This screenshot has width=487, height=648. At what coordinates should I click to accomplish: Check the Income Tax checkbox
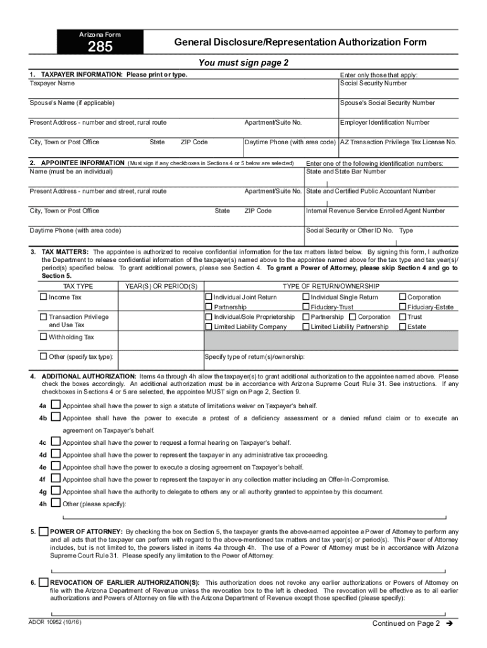point(44,297)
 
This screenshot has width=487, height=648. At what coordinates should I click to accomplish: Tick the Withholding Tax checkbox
point(44,337)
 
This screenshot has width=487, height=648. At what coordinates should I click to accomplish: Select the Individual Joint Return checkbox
point(209,297)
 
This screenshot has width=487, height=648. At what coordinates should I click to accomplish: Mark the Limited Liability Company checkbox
point(209,327)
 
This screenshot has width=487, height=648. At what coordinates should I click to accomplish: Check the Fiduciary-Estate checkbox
point(402,307)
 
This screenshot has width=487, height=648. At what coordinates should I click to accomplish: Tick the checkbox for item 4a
point(56,405)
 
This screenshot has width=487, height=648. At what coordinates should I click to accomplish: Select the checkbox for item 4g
point(56,491)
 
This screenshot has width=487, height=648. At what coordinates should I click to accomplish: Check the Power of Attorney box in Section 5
point(43,531)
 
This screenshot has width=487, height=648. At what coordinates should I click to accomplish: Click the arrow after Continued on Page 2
point(450,623)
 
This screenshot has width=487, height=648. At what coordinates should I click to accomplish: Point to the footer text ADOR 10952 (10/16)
point(55,621)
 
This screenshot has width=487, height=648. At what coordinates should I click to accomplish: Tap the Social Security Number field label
point(373,83)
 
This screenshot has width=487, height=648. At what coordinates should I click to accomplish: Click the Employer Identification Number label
point(385,122)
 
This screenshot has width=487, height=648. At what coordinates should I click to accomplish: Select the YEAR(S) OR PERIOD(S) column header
point(161,286)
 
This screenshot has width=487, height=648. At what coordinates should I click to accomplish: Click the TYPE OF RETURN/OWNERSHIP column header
point(331,286)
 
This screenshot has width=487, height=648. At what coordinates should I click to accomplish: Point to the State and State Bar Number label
point(345,171)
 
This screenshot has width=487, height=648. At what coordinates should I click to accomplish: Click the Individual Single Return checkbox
point(306,297)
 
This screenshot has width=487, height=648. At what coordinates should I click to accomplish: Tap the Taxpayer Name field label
point(52,83)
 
